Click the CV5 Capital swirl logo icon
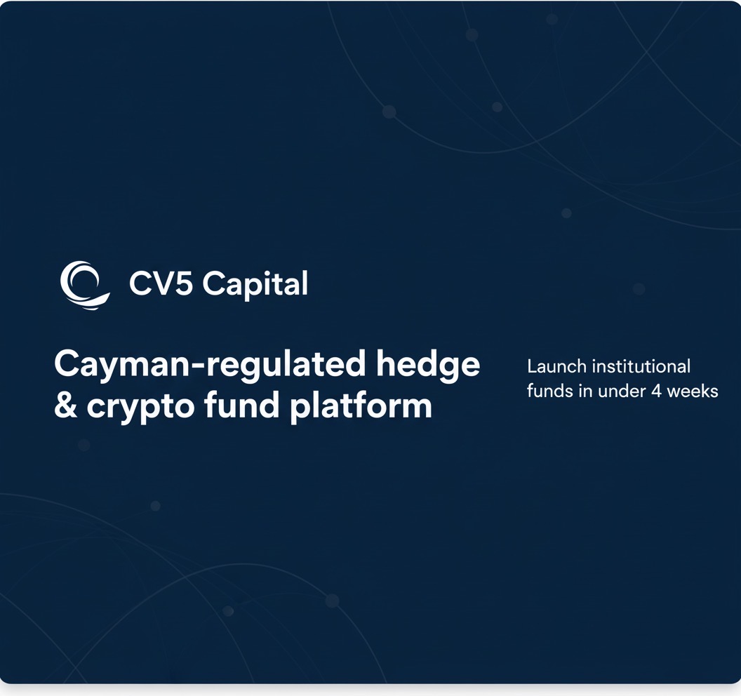(84, 285)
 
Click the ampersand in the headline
(66, 406)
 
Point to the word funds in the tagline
(550, 391)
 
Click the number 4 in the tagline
(656, 391)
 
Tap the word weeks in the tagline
(693, 391)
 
